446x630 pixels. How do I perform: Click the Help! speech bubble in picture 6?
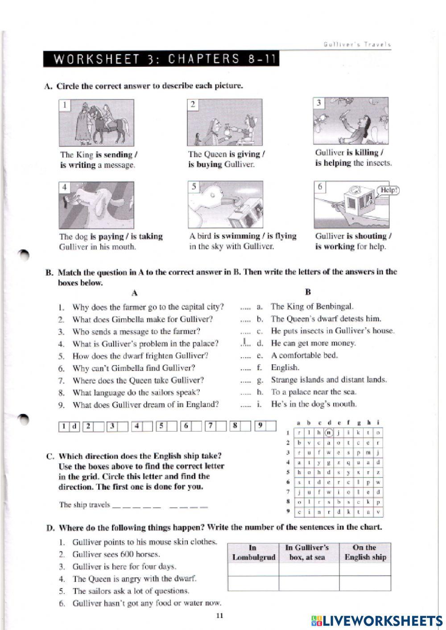pyautogui.click(x=388, y=190)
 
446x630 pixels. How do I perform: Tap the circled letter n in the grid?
pyautogui.click(x=329, y=432)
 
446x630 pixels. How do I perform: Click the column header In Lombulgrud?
pyautogui.click(x=253, y=552)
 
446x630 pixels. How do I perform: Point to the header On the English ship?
pyautogui.click(x=365, y=552)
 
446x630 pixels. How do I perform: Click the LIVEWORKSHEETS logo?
pyautogui.click(x=377, y=620)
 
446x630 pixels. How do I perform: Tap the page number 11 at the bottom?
pyautogui.click(x=219, y=616)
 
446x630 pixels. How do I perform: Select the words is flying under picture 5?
pyautogui.click(x=280, y=236)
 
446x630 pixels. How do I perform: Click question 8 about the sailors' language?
pyautogui.click(x=136, y=392)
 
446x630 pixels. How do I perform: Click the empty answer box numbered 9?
pyautogui.click(x=271, y=426)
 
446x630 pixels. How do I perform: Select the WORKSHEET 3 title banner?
pyautogui.click(x=161, y=59)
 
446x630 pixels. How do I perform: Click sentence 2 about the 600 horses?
pyautogui.click(x=116, y=554)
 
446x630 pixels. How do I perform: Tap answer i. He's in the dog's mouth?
pyautogui.click(x=313, y=404)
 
